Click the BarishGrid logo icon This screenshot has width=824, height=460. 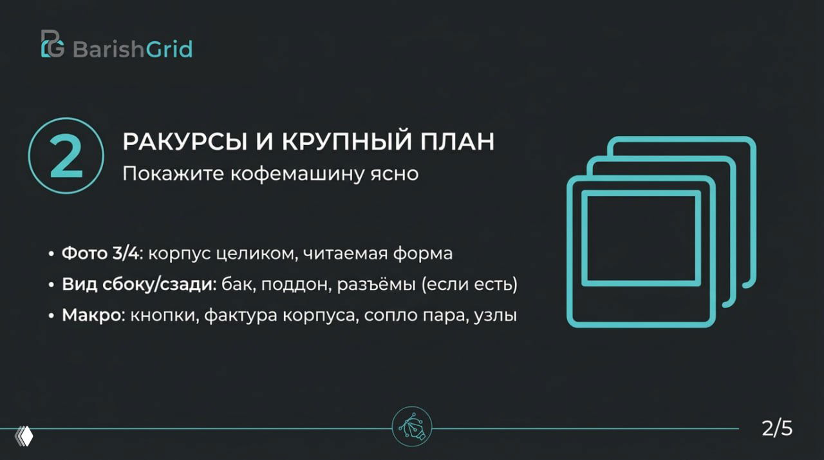pos(53,44)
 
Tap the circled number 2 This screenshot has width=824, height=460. pos(66,155)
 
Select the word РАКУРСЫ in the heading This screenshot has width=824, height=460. pos(167,142)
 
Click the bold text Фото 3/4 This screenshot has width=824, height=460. pos(100,253)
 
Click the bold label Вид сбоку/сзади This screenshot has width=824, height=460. pos(138,285)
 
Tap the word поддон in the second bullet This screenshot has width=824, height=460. pos(303,285)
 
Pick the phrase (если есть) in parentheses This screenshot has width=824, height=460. pos(469,285)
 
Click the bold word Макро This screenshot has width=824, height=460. pos(91,316)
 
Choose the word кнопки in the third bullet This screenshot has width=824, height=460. pos(162,316)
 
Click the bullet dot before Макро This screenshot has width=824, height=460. pos(51,316)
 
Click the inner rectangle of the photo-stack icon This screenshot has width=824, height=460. pos(641,238)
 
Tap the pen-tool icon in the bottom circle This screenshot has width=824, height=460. pos(412,426)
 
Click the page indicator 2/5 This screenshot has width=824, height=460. pos(777,428)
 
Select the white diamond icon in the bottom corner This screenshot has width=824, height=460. pos(24,436)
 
